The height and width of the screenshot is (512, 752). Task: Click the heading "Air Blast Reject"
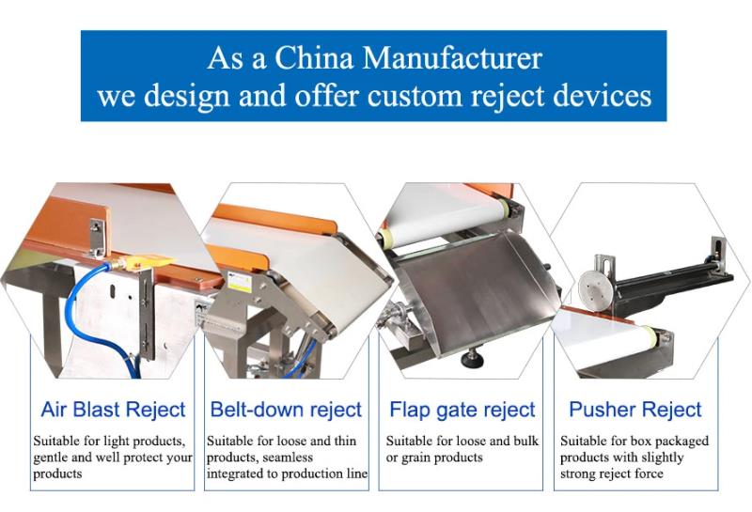tap(113, 410)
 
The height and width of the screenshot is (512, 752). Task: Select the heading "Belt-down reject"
tap(286, 410)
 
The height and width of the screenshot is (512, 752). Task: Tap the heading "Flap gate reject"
tap(462, 410)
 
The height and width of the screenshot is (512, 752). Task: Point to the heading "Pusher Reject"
tap(635, 410)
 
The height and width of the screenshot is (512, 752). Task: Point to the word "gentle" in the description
tap(52, 458)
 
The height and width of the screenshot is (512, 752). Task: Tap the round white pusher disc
tap(591, 288)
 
